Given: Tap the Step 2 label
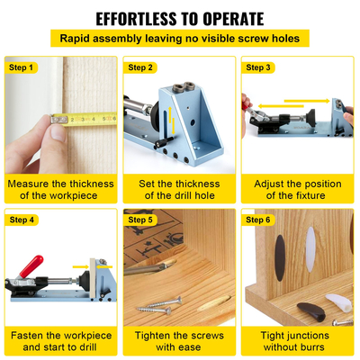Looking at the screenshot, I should (x=140, y=67).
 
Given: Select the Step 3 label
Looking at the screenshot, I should (x=259, y=67).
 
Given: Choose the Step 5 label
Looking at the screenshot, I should (x=140, y=220).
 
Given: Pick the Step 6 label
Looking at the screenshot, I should (x=259, y=220).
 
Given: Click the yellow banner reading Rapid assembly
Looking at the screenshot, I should (x=180, y=39).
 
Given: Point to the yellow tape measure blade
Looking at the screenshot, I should (x=85, y=117).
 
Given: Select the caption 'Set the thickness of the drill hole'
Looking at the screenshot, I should (x=180, y=190).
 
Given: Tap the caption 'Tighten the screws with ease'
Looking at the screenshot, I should (x=180, y=340).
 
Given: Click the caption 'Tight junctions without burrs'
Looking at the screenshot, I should (x=298, y=340).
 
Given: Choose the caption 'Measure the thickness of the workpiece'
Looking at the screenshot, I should (x=60, y=190).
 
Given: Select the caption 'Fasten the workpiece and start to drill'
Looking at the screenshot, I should (x=60, y=340).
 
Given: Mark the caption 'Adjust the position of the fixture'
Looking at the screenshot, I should (x=298, y=190).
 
